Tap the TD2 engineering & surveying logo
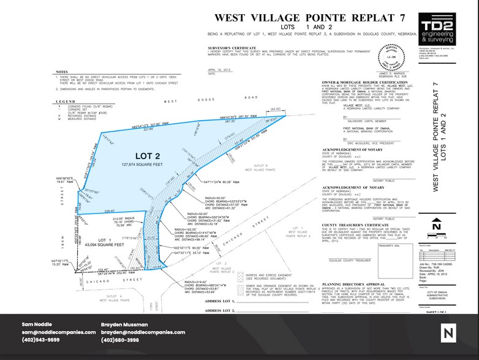click(x=438, y=29)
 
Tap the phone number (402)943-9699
click(x=40, y=340)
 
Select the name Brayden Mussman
click(x=125, y=324)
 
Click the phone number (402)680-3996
click(x=120, y=340)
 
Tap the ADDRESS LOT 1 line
click(x=222, y=302)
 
